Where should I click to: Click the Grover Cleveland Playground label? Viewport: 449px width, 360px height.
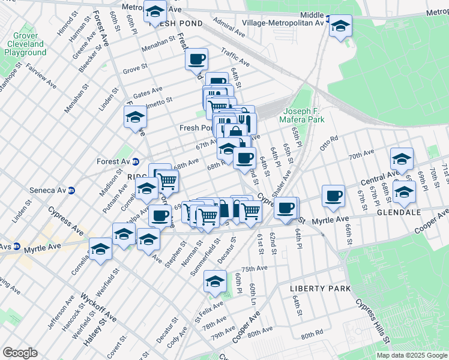click(x=25, y=44)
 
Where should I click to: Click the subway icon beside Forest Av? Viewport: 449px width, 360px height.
click(x=136, y=161)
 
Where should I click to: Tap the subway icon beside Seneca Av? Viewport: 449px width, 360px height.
click(x=71, y=191)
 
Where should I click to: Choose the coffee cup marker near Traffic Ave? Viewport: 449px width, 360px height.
click(x=196, y=59)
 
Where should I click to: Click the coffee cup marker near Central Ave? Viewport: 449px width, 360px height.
click(x=333, y=196)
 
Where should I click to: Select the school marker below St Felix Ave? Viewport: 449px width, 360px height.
click(x=215, y=280)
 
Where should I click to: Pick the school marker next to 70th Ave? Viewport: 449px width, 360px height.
click(x=402, y=159)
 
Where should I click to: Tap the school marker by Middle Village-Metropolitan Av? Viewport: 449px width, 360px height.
click(x=340, y=26)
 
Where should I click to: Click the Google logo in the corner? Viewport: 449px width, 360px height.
click(x=20, y=353)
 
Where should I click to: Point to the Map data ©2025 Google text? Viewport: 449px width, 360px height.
click(x=411, y=355)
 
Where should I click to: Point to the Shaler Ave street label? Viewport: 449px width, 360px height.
click(x=282, y=182)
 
